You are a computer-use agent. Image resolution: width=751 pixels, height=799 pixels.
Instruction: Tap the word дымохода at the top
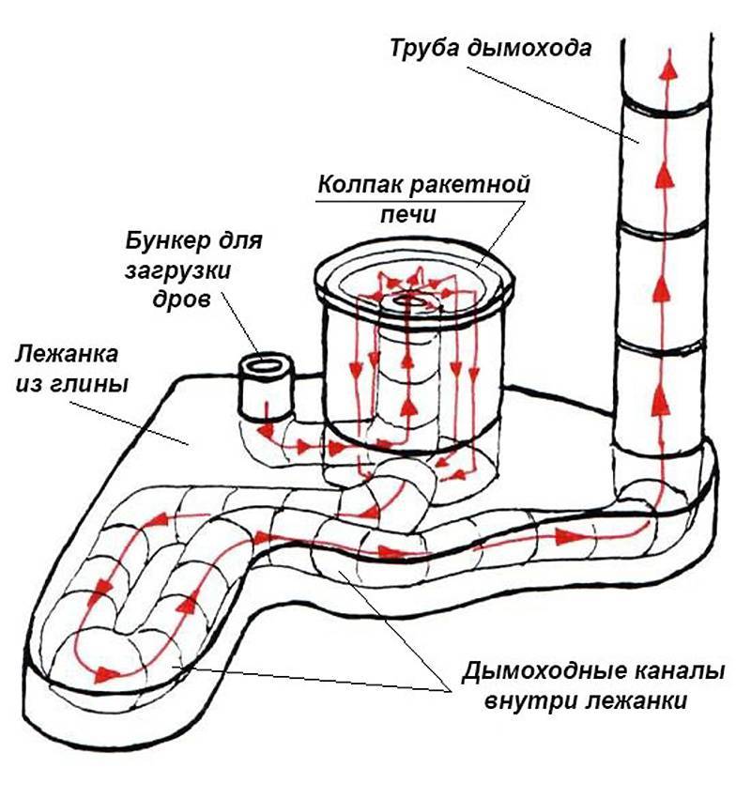(x=529, y=48)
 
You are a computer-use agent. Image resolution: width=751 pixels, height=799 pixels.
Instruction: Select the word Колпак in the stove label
(x=360, y=184)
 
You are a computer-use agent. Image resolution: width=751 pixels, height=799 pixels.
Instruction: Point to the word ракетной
(x=468, y=185)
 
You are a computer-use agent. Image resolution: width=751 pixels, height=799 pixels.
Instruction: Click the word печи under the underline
(x=408, y=215)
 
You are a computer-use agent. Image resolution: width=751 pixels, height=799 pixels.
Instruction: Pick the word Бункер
(x=164, y=240)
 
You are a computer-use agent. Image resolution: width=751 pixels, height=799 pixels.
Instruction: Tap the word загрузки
(x=177, y=271)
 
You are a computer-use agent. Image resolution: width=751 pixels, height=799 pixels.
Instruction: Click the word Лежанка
(x=67, y=354)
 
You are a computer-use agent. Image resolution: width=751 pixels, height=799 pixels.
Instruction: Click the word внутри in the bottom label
(x=529, y=701)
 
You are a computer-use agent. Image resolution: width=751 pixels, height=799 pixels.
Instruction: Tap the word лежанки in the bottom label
(x=636, y=701)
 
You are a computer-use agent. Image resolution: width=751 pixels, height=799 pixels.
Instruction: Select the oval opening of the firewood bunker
(x=265, y=365)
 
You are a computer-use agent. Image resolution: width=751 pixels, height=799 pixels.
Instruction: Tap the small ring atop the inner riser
(x=410, y=300)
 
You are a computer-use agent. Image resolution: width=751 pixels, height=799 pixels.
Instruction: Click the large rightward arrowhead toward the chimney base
(x=565, y=536)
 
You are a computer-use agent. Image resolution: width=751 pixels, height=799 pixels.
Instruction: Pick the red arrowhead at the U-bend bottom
(x=106, y=675)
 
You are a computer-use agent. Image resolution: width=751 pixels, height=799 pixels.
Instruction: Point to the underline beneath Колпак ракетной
(x=420, y=201)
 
